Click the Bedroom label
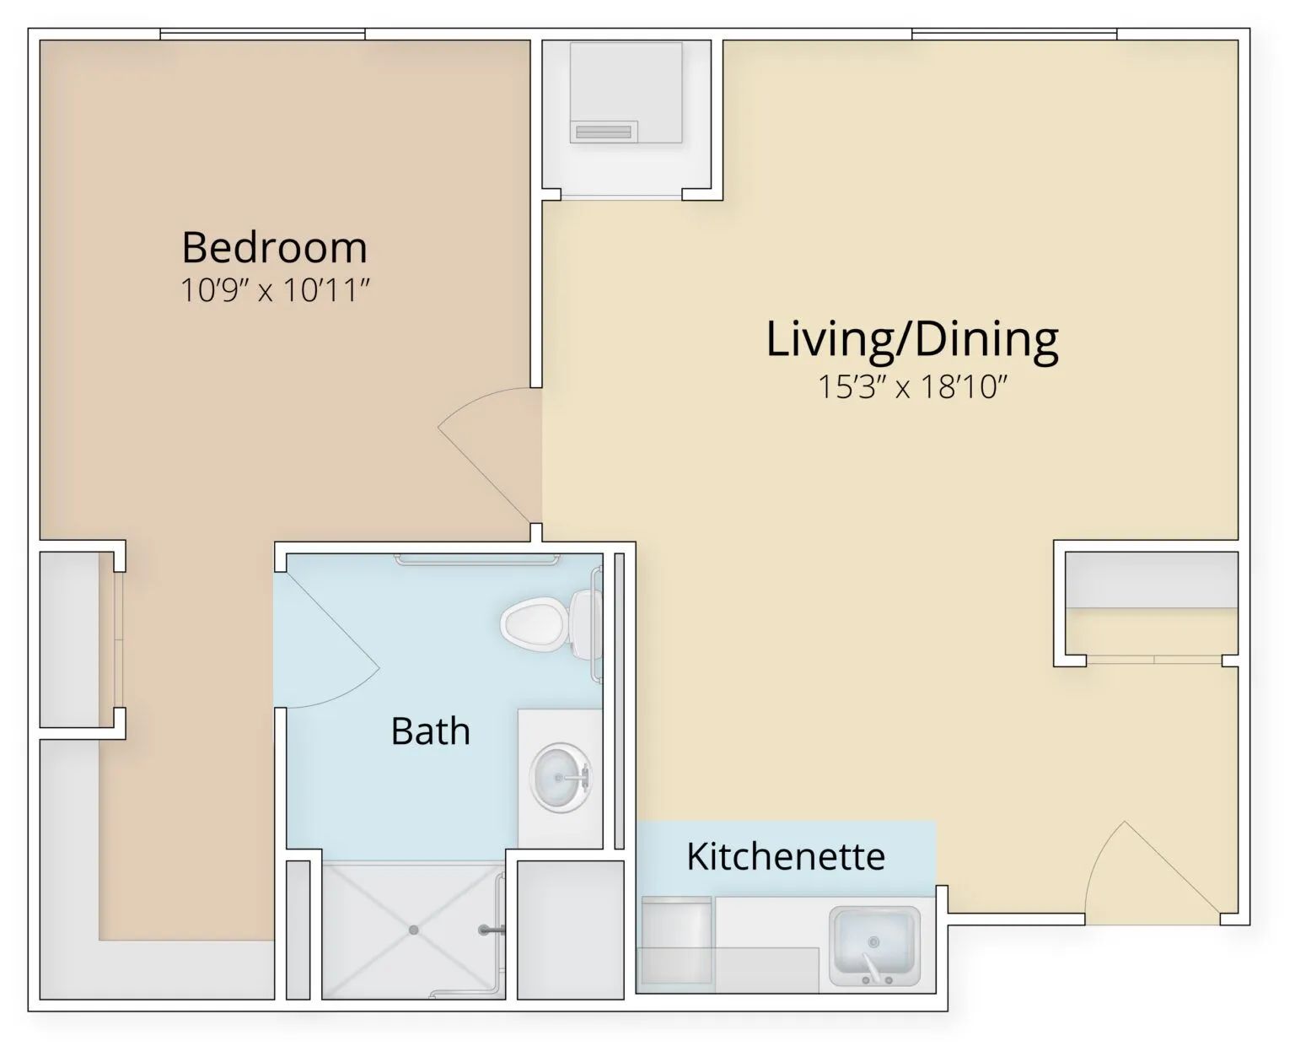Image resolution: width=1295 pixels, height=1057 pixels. tap(275, 247)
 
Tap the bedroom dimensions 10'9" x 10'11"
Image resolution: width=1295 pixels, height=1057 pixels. tap(275, 290)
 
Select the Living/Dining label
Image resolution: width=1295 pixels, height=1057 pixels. tap(912, 339)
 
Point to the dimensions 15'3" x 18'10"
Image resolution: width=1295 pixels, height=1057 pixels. tap(912, 386)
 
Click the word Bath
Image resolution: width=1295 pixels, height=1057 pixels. tap(431, 731)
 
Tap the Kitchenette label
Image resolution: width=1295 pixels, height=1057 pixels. tap(786, 856)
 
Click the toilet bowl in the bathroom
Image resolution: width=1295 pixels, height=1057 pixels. tap(532, 624)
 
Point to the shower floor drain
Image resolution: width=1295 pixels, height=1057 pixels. tap(414, 930)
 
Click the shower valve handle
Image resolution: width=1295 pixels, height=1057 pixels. tap(492, 930)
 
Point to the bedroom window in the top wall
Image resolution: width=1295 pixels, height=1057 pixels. tap(263, 34)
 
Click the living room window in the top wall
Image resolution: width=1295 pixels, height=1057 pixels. tap(1014, 34)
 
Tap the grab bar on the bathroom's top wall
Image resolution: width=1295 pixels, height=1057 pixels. tap(476, 559)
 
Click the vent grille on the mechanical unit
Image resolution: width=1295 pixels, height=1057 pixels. tap(603, 132)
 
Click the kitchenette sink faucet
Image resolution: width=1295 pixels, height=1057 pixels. tap(873, 968)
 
